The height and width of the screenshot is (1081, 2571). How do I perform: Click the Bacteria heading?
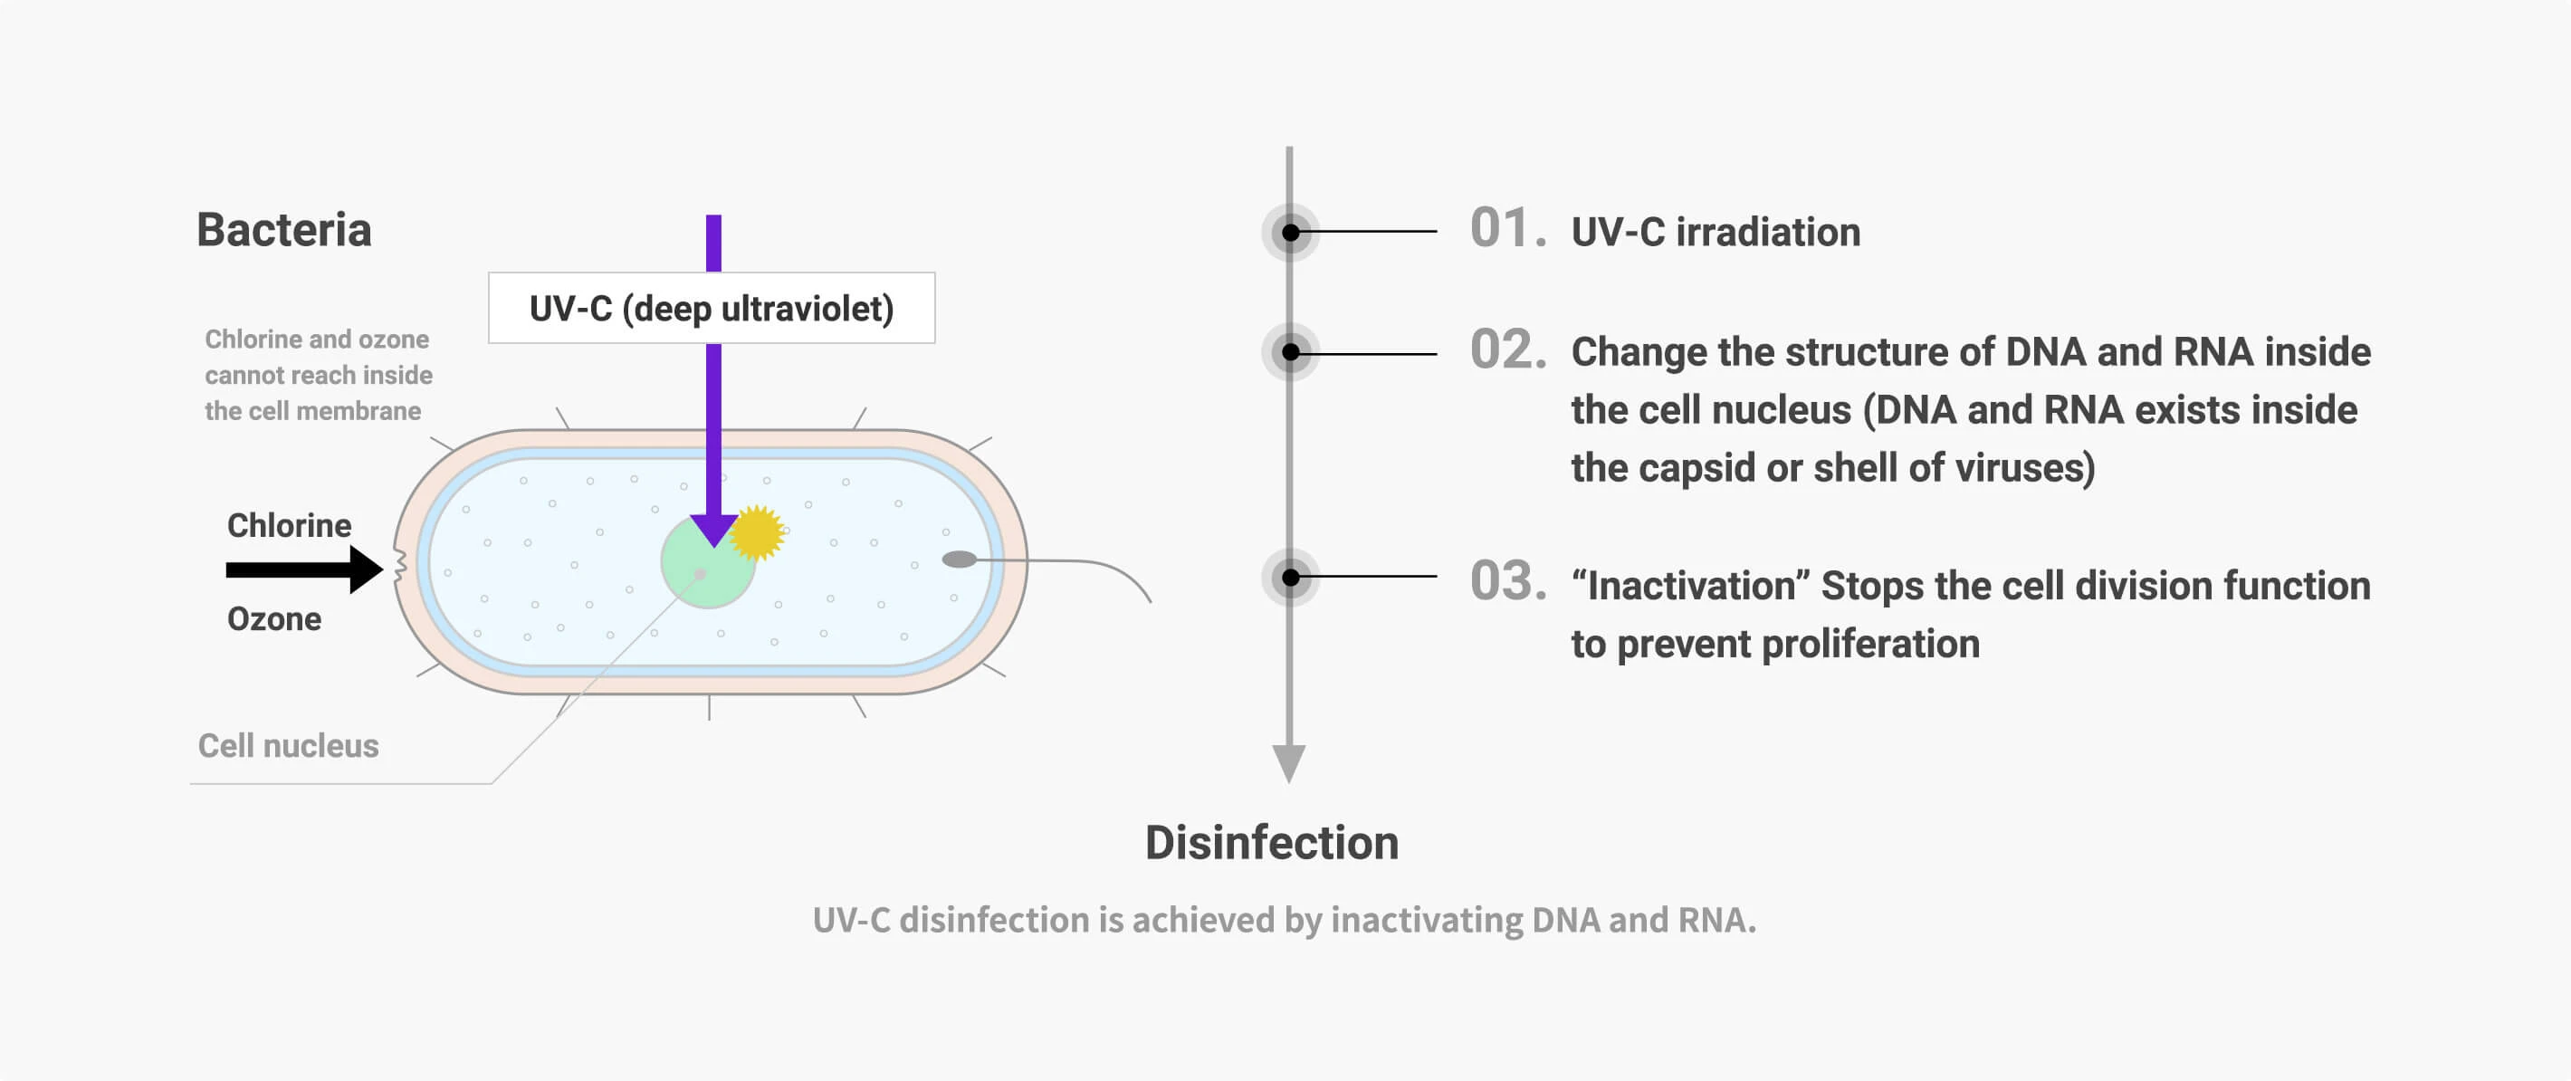283,231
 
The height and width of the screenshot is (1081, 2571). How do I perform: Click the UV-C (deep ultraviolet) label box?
711,309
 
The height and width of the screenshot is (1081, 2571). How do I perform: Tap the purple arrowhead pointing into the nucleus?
713,528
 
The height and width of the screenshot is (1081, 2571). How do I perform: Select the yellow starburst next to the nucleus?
758,532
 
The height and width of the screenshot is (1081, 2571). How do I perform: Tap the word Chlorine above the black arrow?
289,525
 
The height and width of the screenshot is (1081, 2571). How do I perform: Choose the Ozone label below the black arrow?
273,619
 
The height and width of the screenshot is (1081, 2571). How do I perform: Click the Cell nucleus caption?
288,746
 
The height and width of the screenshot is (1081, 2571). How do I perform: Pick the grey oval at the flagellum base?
958,560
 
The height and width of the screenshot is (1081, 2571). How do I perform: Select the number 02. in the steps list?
1507,350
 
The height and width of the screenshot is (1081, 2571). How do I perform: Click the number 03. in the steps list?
1507,582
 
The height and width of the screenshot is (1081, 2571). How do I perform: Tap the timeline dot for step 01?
1291,233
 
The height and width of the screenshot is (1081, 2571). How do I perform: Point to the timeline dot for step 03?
1291,578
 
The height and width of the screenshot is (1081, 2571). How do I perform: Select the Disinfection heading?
1272,844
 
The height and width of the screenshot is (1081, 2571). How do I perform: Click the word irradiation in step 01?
1767,233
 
